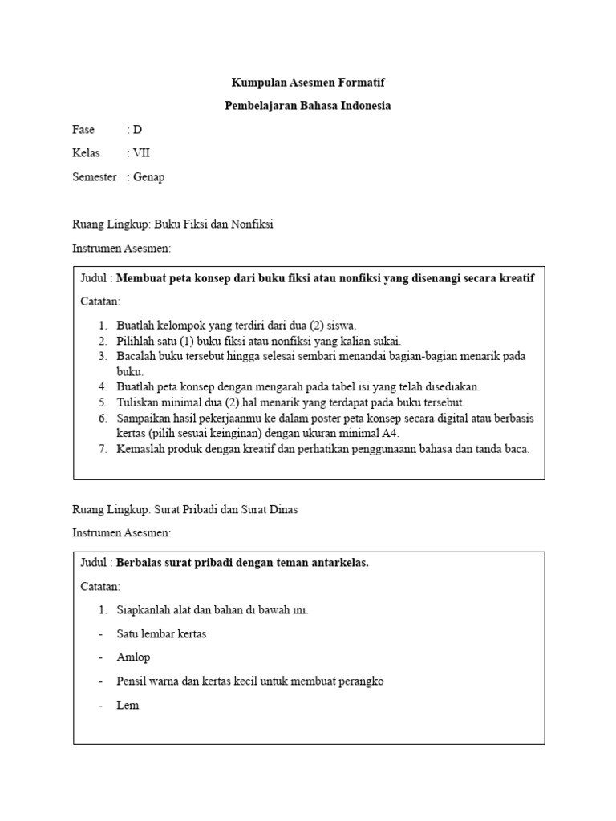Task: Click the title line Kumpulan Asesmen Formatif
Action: coord(308,83)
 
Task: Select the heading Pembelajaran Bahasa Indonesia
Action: coord(308,106)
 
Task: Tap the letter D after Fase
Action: coord(137,130)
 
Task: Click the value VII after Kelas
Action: coord(141,153)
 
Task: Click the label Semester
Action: coord(95,177)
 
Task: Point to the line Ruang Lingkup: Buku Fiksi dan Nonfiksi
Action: coord(173,224)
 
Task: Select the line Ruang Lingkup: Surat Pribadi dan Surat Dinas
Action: coord(185,510)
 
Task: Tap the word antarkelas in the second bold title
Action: coord(340,563)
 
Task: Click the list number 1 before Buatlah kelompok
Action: coord(103,326)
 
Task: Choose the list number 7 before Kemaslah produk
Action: coord(103,449)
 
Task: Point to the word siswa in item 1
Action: coord(340,326)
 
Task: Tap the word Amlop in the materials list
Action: coord(133,657)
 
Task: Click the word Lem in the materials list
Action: coord(128,706)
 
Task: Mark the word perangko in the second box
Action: coord(362,681)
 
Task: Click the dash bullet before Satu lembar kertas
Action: coord(101,634)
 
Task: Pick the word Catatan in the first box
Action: coord(100,301)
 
